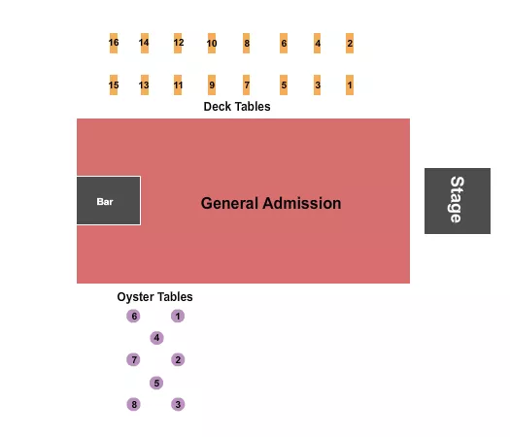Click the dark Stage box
(x=457, y=201)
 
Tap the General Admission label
(x=271, y=203)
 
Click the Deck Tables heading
(x=236, y=107)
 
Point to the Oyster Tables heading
(x=154, y=297)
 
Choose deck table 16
(x=114, y=44)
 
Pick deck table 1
(x=350, y=85)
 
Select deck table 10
(x=212, y=44)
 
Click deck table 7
(x=247, y=85)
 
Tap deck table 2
(x=350, y=44)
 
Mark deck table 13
(x=144, y=85)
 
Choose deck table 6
(x=284, y=44)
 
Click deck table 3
(x=318, y=85)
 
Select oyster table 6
(x=133, y=317)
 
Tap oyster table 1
(x=178, y=317)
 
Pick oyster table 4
(x=156, y=338)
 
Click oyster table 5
(x=156, y=383)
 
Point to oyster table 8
(x=133, y=404)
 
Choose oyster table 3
(x=178, y=404)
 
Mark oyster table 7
(x=133, y=360)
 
